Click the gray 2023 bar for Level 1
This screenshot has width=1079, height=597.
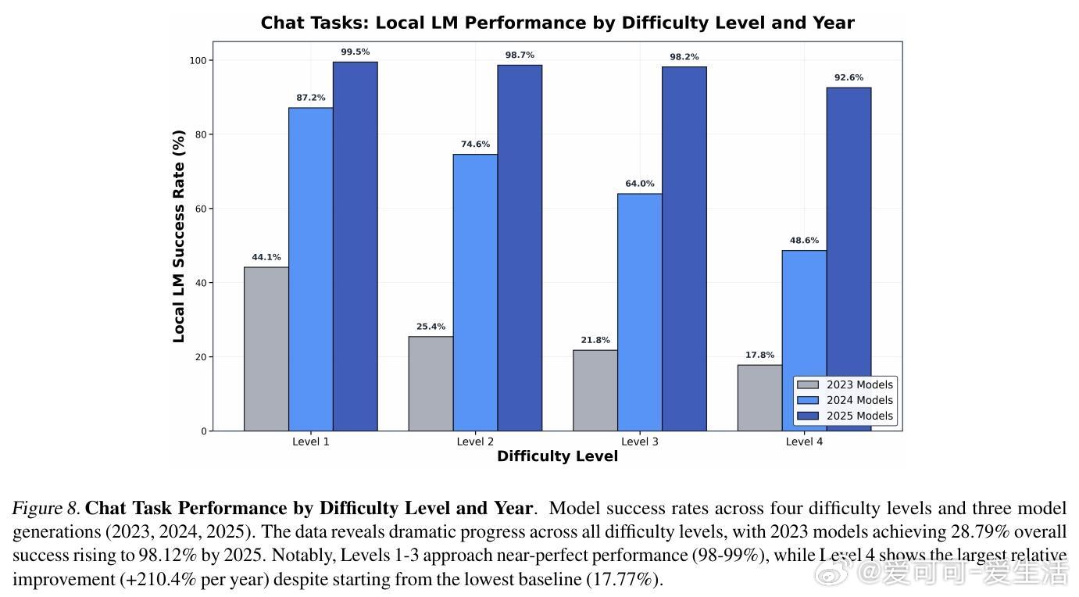266,349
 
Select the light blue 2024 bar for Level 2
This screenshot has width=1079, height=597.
475,292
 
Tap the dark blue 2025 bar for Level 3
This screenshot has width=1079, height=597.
684,248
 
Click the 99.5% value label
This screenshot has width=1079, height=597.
355,52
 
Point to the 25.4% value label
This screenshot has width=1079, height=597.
431,327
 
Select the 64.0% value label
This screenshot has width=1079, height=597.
640,184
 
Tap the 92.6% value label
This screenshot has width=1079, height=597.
849,77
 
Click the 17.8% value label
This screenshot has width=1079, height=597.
759,355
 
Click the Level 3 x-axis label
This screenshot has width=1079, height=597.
639,441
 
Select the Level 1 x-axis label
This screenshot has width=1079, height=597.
310,441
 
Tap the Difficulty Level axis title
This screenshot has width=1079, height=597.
557,456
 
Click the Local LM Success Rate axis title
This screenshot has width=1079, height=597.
179,236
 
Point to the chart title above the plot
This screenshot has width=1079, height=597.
557,23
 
